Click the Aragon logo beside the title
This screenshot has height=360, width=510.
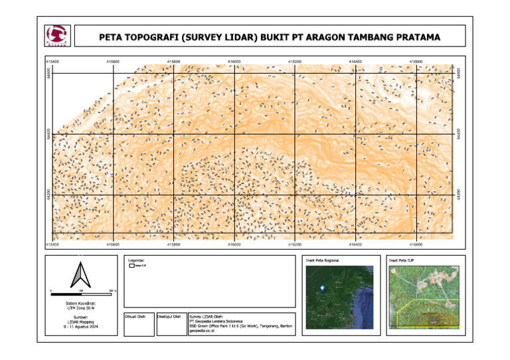(56, 35)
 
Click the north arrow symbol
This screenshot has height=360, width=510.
(80, 274)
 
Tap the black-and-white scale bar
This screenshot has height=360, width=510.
(84, 294)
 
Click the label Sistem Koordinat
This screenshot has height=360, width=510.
(81, 303)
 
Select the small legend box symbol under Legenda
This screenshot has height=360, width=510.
(131, 266)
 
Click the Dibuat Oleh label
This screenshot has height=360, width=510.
(135, 316)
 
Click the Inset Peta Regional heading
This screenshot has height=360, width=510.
(322, 260)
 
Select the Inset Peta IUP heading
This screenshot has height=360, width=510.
(402, 260)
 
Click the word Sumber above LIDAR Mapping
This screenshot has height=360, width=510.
(81, 317)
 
